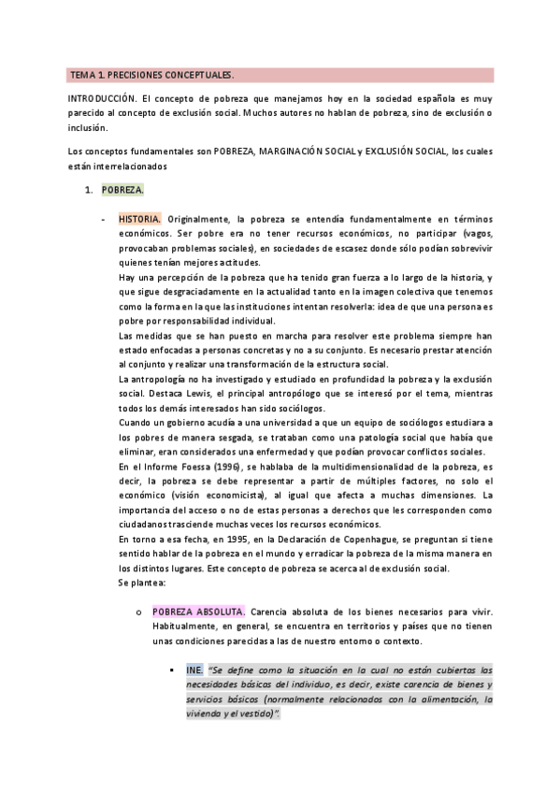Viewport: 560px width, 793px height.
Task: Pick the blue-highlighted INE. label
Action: tap(194, 670)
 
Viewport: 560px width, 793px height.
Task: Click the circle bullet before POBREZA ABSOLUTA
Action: tap(138, 585)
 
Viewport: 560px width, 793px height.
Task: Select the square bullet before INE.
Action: tap(174, 670)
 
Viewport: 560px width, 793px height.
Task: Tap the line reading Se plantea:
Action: tap(142, 556)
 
